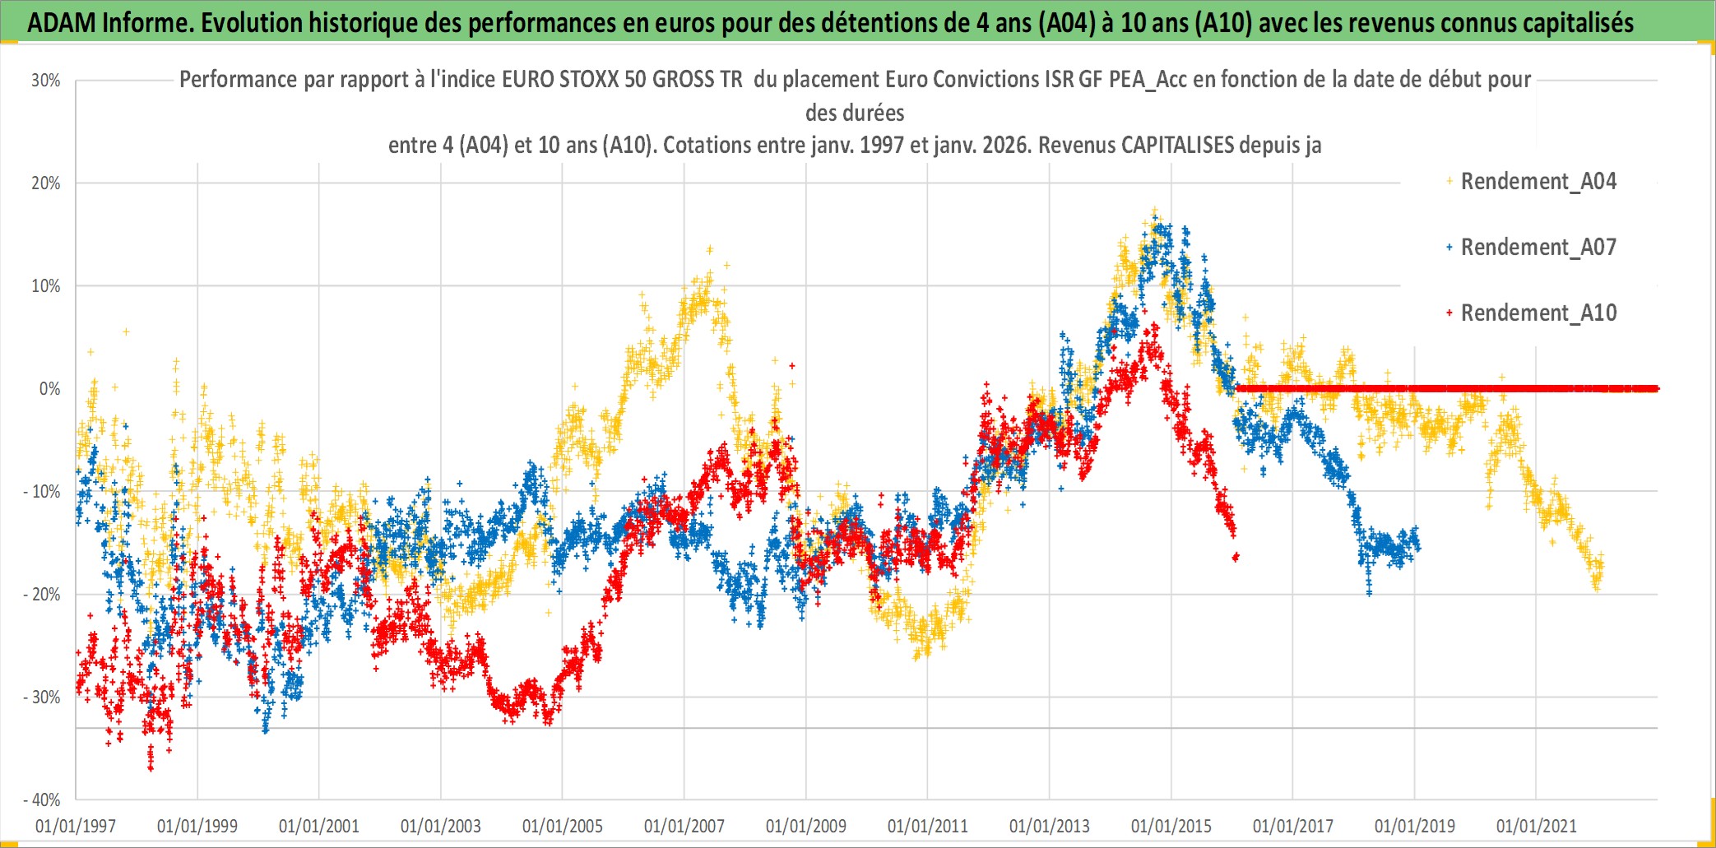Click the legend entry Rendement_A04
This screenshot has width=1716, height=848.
click(x=1537, y=181)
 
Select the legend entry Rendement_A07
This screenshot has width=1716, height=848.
click(x=1537, y=247)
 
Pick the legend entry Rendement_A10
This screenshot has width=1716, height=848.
click(x=1537, y=313)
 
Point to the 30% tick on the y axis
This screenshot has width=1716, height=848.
click(x=46, y=81)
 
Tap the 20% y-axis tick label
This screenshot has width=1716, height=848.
click(x=46, y=183)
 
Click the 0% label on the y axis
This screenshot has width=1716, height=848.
click(x=49, y=389)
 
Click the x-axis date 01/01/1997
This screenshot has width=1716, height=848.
click(x=76, y=826)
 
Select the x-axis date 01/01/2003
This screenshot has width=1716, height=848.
click(x=441, y=826)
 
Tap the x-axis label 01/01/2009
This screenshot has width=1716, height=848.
click(x=806, y=826)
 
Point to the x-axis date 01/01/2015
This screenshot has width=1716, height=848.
click(x=1171, y=826)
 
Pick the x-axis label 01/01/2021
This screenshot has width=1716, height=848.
click(x=1537, y=826)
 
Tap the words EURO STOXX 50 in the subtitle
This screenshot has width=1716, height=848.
click(x=608, y=80)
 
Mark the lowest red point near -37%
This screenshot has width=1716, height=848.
click(x=151, y=767)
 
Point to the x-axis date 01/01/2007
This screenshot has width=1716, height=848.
click(x=684, y=826)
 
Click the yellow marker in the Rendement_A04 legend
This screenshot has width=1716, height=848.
click(x=1449, y=181)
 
